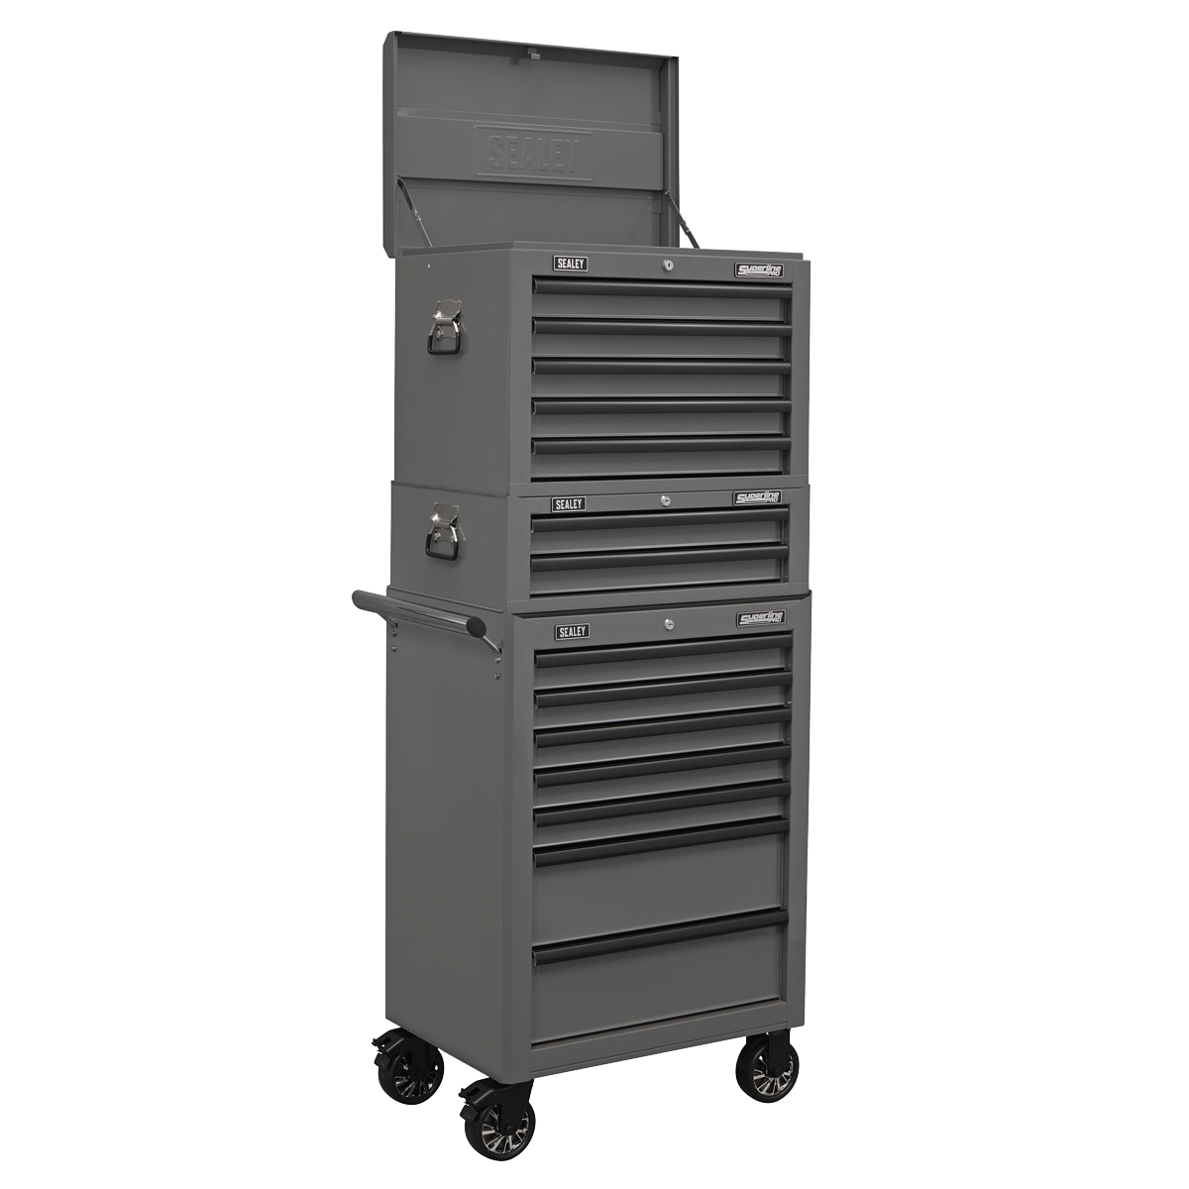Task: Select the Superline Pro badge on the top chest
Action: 759,270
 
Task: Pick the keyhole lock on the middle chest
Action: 666,501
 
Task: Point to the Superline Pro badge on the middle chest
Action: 759,498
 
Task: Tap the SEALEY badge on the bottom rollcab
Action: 571,631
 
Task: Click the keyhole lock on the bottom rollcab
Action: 668,626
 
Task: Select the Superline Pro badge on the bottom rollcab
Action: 761,619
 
